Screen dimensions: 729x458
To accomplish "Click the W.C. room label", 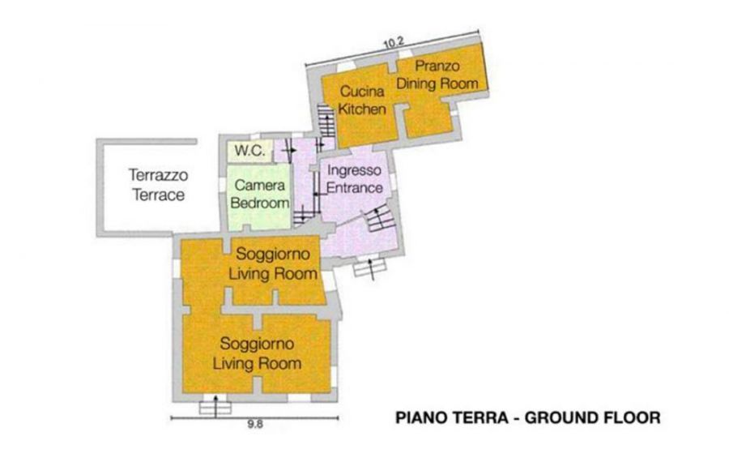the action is click(x=249, y=150).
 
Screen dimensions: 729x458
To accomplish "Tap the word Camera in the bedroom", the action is click(x=259, y=186).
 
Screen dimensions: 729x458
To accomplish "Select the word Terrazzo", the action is click(x=159, y=175).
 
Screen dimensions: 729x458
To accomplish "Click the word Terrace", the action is click(x=159, y=195).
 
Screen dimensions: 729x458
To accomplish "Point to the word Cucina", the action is click(x=362, y=91).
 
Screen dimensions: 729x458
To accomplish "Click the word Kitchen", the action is click(x=362, y=109).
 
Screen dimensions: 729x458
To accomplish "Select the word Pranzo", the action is click(x=437, y=66).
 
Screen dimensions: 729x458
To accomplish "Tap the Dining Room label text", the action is click(x=437, y=83).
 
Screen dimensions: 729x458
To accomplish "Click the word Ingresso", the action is click(x=354, y=170).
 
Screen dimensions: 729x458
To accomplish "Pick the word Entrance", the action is click(x=354, y=188).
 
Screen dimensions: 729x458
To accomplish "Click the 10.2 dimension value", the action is click(x=394, y=43).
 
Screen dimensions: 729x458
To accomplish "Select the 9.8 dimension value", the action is click(x=255, y=424).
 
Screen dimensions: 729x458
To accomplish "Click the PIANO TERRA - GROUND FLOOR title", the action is click(x=527, y=417).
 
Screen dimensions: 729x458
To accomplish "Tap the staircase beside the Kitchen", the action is click(x=326, y=121).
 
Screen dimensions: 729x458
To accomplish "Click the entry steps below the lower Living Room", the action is click(x=215, y=406).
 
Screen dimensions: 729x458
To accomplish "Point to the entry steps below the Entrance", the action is click(x=369, y=268).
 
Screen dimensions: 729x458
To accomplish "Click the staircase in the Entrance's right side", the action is click(x=379, y=219).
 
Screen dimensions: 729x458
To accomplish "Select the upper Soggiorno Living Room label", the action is click(x=273, y=263).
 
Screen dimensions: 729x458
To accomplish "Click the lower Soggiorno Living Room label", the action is click(x=257, y=353).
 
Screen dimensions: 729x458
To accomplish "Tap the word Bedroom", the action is click(x=259, y=203).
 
